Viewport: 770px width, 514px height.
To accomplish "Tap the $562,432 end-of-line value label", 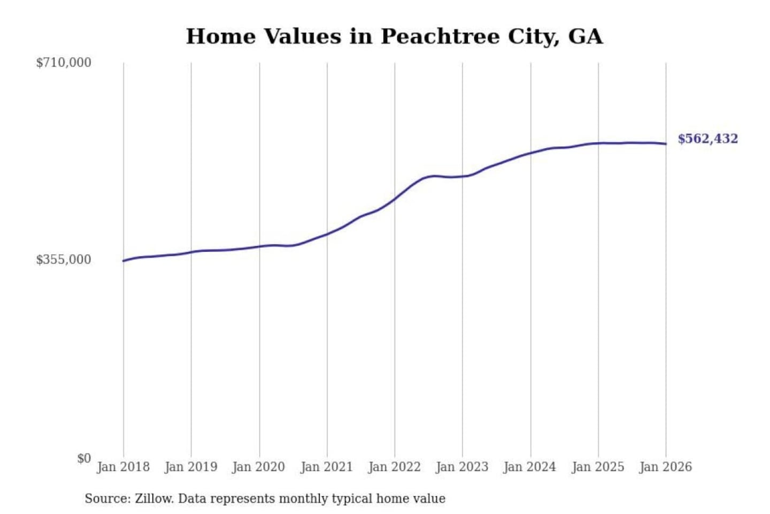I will click(x=707, y=139).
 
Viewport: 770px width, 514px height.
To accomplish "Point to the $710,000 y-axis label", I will click(x=64, y=63).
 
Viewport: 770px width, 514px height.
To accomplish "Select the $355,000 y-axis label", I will click(x=64, y=260).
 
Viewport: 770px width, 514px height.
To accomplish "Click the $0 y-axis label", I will click(x=84, y=458).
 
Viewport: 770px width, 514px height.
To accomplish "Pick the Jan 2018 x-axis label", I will click(x=123, y=467).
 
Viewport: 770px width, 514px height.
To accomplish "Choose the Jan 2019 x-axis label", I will click(x=191, y=467).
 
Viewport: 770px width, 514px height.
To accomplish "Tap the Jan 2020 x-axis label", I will click(x=259, y=467).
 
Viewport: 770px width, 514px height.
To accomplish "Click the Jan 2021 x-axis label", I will click(x=327, y=467).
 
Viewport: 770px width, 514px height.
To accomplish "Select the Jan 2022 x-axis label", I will click(x=395, y=467).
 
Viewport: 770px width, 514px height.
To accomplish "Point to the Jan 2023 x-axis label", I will click(x=463, y=467).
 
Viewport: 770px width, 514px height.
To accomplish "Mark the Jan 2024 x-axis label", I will click(x=530, y=467).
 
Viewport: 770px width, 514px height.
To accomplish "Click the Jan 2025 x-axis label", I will click(x=598, y=467).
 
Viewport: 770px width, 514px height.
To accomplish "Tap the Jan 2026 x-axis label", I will click(x=666, y=467).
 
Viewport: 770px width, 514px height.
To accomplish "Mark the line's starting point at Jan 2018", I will click(x=124, y=261).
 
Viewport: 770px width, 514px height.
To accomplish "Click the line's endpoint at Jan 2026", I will click(x=666, y=143).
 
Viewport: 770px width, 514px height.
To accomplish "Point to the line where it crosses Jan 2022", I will click(x=395, y=199).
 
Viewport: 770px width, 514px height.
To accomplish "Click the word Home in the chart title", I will click(x=221, y=36).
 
